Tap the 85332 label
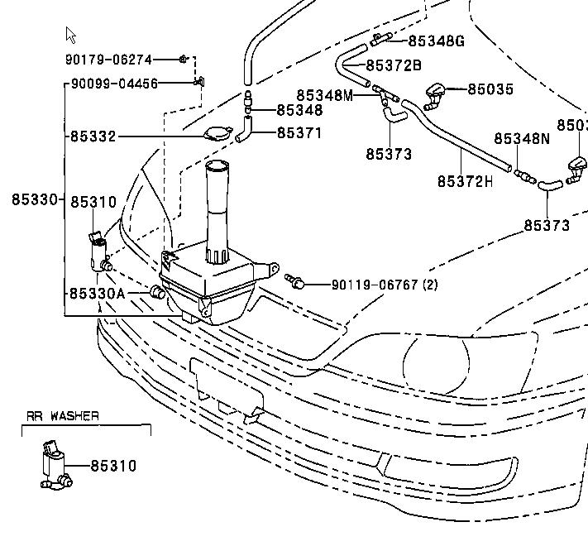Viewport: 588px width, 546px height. pos(93,136)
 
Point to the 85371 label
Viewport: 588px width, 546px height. pos(299,132)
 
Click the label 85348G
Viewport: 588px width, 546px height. pos(436,41)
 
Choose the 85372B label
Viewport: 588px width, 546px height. pos(393,65)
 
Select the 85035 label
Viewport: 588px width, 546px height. pos(490,89)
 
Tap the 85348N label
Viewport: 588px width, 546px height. pos(522,139)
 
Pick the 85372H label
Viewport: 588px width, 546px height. pos(465,180)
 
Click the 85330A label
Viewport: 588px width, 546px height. pos(97,293)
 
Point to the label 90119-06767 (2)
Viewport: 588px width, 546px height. pos(385,285)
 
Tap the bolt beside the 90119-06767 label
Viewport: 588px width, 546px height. pos(295,282)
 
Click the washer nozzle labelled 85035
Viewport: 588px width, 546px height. pos(434,96)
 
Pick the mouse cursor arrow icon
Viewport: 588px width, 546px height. pos(70,35)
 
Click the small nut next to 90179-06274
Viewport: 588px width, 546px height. pos(184,59)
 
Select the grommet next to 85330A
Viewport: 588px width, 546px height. pos(155,291)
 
